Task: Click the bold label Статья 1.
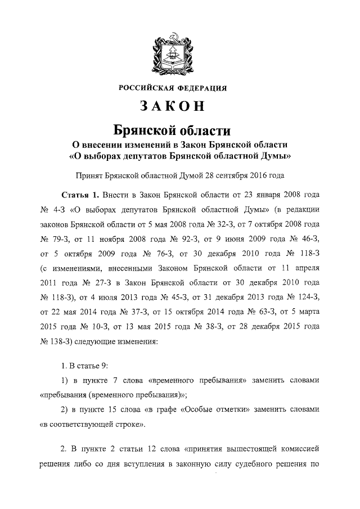click(x=80, y=195)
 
